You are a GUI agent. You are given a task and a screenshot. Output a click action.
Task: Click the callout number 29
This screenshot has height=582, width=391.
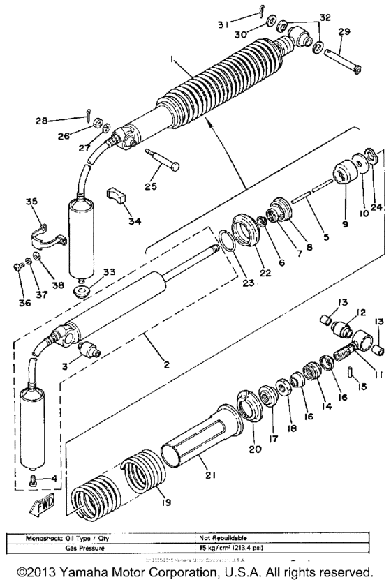[x=344, y=33]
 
